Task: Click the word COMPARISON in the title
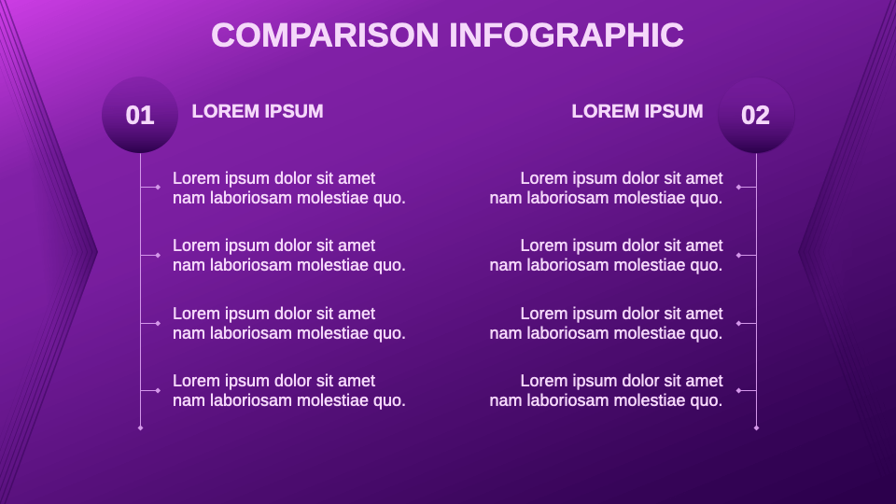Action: click(x=325, y=35)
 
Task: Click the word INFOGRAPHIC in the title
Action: click(x=567, y=35)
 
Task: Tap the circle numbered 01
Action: click(x=140, y=115)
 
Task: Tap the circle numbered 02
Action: click(x=756, y=115)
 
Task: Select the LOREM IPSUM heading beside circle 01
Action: click(x=258, y=111)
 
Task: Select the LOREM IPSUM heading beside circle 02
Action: click(x=637, y=111)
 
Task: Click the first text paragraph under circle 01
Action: click(x=289, y=188)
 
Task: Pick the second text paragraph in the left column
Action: click(x=289, y=255)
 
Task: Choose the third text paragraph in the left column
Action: click(x=289, y=323)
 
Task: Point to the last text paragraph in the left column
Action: click(x=289, y=390)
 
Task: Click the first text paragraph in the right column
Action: click(x=607, y=188)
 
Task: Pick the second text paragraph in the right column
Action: click(x=607, y=255)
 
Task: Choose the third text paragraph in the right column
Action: click(x=607, y=323)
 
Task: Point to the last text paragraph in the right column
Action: click(x=607, y=390)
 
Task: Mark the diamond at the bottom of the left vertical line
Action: click(x=140, y=427)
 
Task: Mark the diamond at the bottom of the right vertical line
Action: click(x=756, y=427)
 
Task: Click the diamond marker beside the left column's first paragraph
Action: click(x=158, y=188)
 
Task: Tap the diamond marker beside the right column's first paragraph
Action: click(x=738, y=188)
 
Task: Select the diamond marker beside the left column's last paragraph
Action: click(x=158, y=390)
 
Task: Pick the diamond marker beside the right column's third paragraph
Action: click(x=738, y=323)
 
